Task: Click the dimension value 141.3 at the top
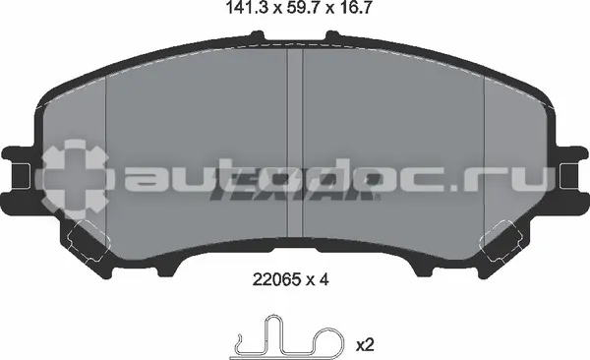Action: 248,8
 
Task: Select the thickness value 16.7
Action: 354,8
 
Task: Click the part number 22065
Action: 276,279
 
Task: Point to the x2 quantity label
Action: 364,345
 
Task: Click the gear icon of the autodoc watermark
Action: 75,180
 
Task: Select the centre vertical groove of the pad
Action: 295,143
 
